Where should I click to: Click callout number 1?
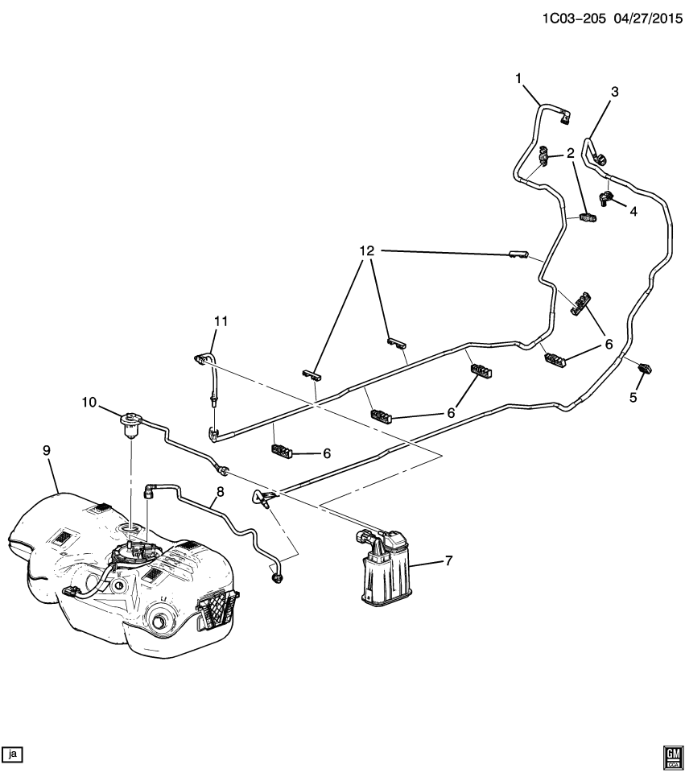(519, 78)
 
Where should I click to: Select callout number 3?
(615, 92)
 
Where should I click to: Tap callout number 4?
(633, 212)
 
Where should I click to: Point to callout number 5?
(633, 397)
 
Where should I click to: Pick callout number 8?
(220, 491)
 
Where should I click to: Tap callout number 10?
(88, 401)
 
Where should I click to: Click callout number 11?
(221, 321)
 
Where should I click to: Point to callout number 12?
(366, 251)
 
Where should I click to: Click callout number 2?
(569, 151)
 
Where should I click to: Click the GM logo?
(671, 754)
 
